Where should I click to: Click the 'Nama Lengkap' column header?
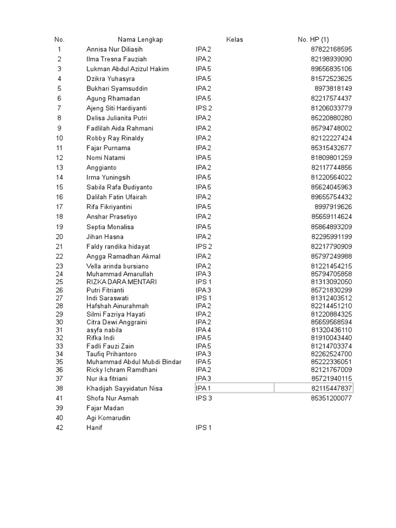tap(140, 40)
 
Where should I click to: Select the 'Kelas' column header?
tap(234, 40)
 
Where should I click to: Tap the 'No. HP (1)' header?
tap(313, 40)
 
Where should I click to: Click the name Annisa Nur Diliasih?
tap(114, 49)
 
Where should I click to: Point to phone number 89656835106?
tap(332, 69)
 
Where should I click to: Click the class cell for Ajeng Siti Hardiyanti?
tap(204, 108)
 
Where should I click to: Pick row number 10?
tap(59, 138)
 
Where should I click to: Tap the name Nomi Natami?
tap(106, 158)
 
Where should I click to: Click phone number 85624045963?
tap(332, 187)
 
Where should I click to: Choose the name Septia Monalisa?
tap(110, 227)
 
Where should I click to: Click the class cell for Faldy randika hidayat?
tap(204, 246)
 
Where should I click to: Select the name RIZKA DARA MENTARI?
tap(122, 282)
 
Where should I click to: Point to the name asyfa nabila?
tap(104, 330)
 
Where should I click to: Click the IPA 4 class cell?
tap(204, 330)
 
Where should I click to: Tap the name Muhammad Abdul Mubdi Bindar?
tap(134, 362)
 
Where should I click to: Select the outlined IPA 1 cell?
tap(234, 388)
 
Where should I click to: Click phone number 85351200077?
tap(332, 399)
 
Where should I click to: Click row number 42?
tap(59, 428)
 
